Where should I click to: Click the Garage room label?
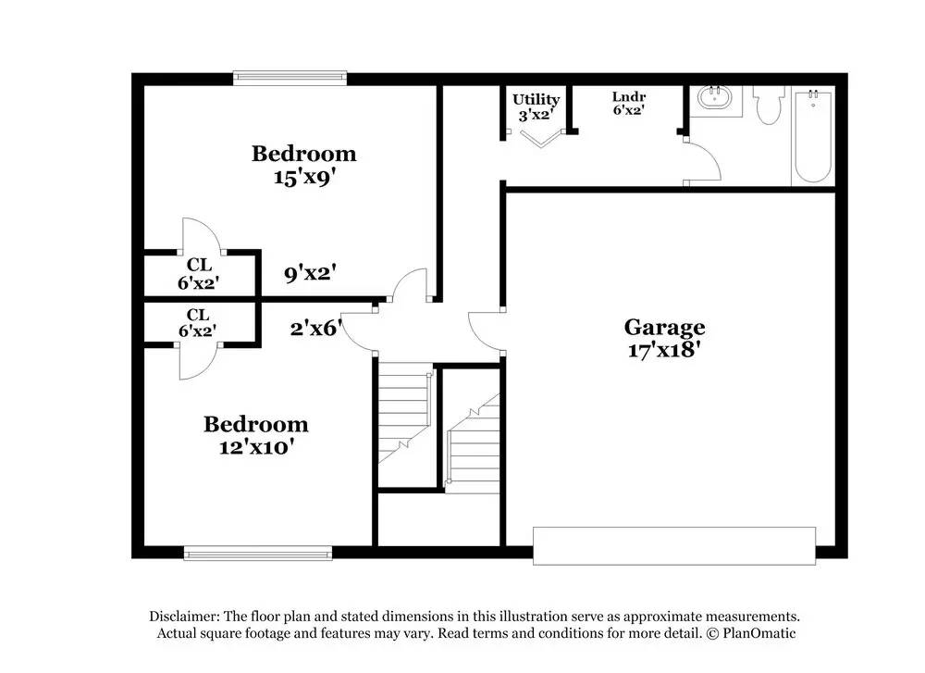(x=664, y=327)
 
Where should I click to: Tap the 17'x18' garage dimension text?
(x=664, y=351)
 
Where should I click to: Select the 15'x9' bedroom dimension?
(x=303, y=178)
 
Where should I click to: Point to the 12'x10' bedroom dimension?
(x=255, y=448)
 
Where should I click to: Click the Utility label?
(x=536, y=99)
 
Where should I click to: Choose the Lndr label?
(x=628, y=96)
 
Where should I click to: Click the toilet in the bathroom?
(x=768, y=106)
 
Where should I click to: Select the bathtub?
(x=812, y=137)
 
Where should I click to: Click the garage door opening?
(x=673, y=545)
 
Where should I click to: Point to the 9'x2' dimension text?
(x=309, y=273)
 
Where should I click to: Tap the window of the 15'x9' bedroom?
(x=290, y=79)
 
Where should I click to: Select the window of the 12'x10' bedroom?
(x=258, y=554)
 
